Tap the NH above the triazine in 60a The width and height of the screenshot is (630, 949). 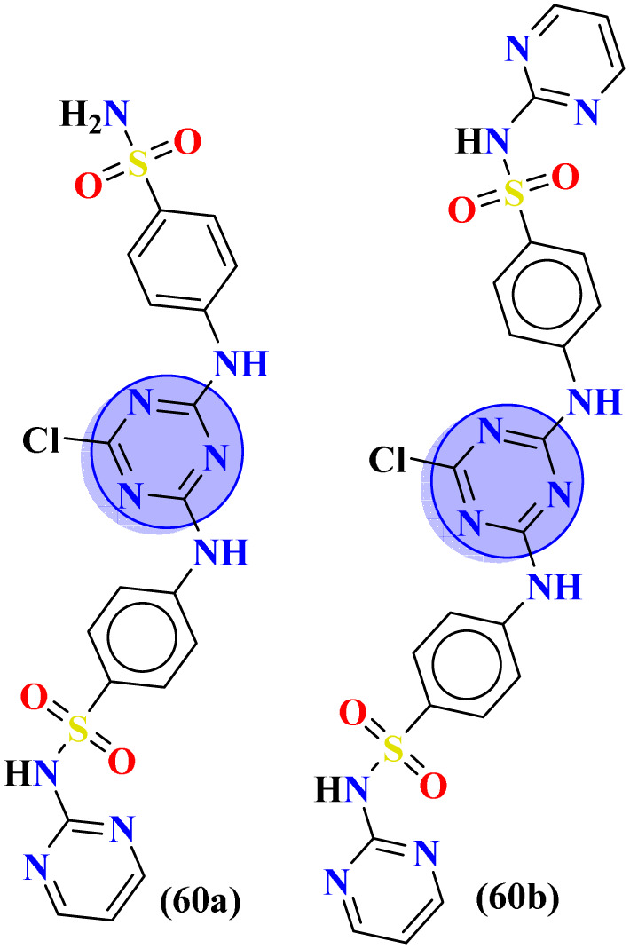(x=240, y=364)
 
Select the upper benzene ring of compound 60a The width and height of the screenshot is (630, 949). (x=182, y=257)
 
